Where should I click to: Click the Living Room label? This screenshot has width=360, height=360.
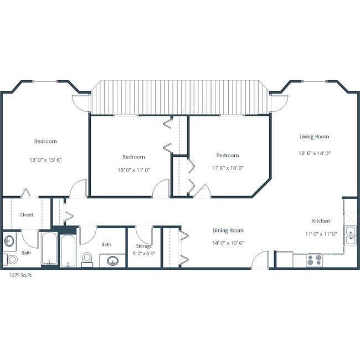click(314, 137)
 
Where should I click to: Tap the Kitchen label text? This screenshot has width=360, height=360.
click(320, 220)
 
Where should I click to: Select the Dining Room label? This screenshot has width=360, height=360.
click(228, 230)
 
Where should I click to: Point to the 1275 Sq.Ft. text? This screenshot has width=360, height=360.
click(20, 275)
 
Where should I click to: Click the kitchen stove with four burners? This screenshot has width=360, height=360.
click(315, 260)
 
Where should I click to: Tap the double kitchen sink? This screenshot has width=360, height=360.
click(350, 235)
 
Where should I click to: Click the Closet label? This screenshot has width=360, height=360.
click(27, 214)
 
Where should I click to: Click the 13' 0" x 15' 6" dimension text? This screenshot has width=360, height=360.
click(45, 160)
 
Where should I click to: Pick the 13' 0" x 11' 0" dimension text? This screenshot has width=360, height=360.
click(133, 170)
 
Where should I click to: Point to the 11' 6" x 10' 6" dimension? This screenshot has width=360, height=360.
click(227, 168)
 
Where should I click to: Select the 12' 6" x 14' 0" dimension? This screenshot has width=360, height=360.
click(314, 153)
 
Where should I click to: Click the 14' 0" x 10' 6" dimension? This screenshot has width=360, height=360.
click(228, 243)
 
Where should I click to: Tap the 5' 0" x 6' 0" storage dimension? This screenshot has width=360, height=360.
click(144, 254)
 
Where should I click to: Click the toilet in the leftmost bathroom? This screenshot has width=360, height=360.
click(11, 259)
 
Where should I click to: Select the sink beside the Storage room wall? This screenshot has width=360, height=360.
click(113, 260)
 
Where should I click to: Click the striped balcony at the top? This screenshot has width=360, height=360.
click(179, 97)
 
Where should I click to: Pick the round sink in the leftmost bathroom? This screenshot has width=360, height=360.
click(9, 241)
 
